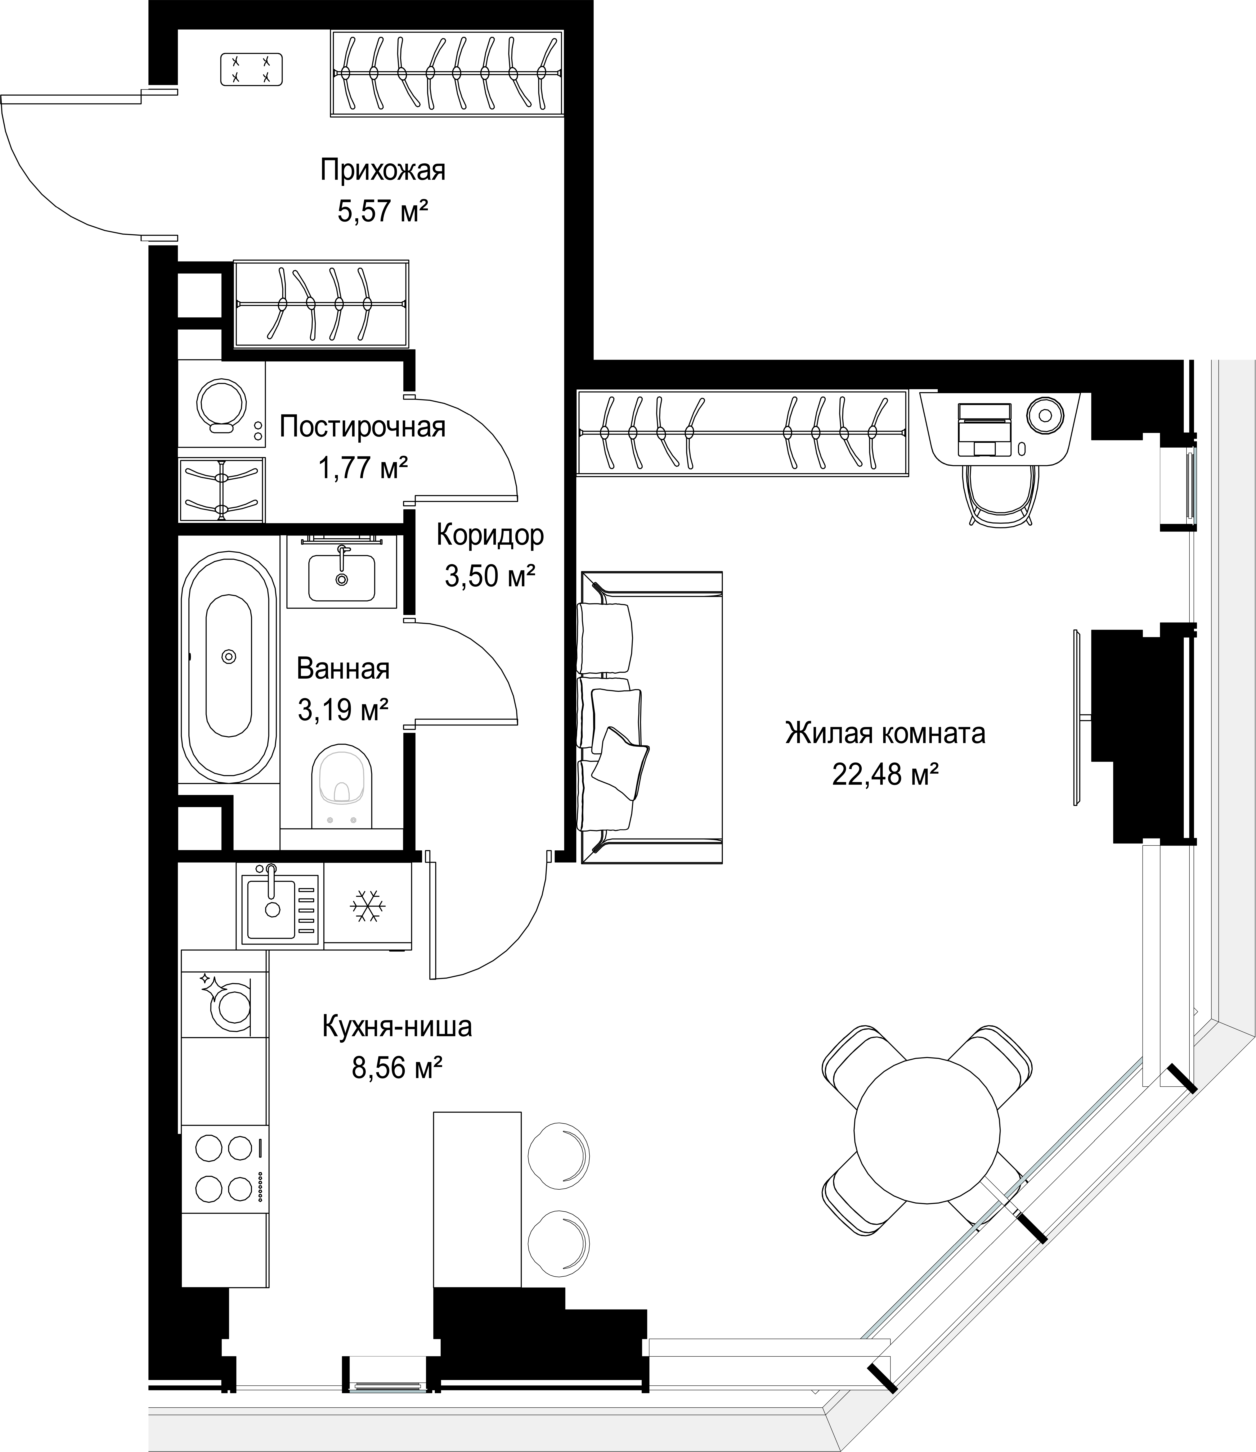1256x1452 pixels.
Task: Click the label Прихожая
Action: coord(383,170)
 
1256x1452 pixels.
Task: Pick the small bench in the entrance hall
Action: coord(251,69)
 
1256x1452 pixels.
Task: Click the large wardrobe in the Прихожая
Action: coord(447,72)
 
